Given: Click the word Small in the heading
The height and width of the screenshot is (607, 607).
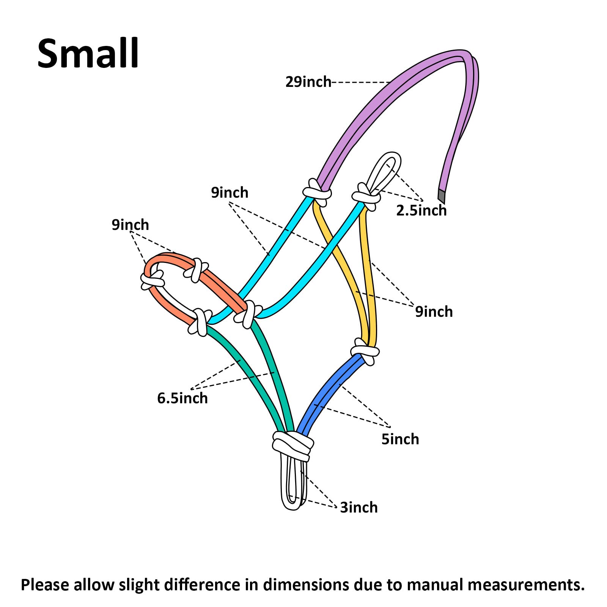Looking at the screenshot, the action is point(88,53).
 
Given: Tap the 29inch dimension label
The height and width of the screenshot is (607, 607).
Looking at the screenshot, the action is point(308,82).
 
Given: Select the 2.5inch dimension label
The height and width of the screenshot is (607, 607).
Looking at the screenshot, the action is point(421,210).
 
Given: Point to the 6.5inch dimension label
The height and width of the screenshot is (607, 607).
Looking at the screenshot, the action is point(182,398).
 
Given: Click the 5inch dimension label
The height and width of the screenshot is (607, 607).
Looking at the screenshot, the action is point(400,439).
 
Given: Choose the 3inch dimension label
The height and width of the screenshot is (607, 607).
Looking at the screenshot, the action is point(359,507).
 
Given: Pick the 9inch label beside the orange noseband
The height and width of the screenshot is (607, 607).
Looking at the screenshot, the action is point(130,225).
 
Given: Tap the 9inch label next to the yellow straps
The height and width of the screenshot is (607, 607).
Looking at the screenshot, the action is point(434,311).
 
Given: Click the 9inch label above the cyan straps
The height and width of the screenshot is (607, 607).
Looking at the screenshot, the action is point(230,193).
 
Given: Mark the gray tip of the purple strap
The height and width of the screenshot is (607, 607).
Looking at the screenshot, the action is point(441,196).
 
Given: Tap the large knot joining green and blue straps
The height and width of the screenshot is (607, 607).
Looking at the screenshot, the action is point(293,447).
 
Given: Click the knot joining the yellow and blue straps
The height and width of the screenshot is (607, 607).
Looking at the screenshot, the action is point(365,351).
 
